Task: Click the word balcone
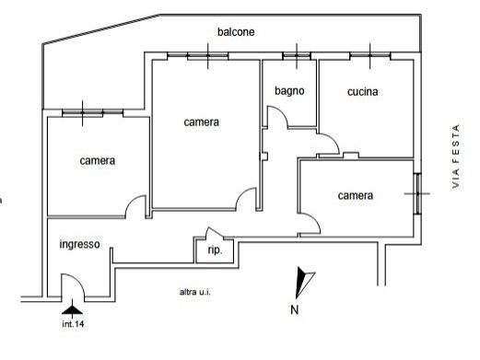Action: coord(236,32)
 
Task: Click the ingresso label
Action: coord(80,245)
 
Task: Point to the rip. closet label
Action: coord(215,250)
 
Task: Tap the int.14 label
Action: coord(74,324)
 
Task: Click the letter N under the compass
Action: coord(294,309)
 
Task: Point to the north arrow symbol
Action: coord(303,280)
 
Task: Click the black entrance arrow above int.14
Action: coord(74,308)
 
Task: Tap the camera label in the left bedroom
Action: coord(97,161)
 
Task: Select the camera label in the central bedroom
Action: coord(201,122)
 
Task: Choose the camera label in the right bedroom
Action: coord(355,195)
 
